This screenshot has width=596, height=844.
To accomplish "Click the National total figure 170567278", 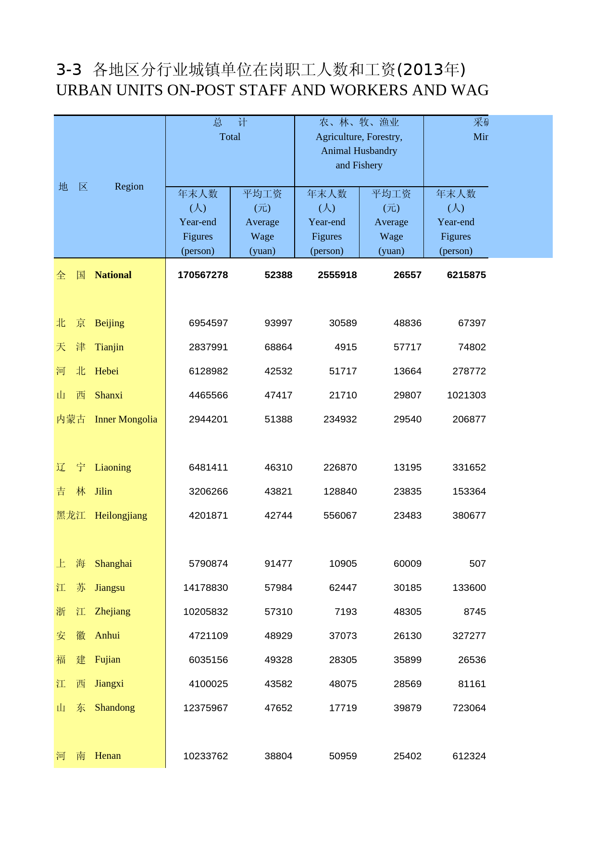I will click(x=202, y=275).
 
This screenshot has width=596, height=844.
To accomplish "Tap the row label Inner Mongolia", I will click(x=125, y=419).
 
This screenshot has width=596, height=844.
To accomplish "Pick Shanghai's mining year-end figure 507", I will click(x=477, y=563).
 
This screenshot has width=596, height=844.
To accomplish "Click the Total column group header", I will click(x=230, y=137).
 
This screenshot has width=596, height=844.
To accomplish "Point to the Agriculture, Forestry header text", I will click(x=359, y=137).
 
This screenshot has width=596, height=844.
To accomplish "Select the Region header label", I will click(x=129, y=186).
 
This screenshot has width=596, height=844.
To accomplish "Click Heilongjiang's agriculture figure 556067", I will click(x=340, y=515).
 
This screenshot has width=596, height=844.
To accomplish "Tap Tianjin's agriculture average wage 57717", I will click(x=407, y=347).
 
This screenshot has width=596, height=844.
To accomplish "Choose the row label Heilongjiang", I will click(x=121, y=515).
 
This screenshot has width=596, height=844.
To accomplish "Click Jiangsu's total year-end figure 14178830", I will click(x=205, y=588).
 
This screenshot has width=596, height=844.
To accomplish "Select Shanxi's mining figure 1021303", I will click(x=466, y=395).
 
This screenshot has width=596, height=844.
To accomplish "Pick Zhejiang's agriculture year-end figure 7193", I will click(x=346, y=612).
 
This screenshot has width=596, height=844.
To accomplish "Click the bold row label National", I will click(x=113, y=275).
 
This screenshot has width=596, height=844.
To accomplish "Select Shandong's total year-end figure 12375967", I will click(x=205, y=708).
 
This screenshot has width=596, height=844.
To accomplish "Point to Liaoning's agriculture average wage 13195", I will click(x=407, y=467).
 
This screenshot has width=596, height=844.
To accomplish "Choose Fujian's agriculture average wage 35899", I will click(x=407, y=660).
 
